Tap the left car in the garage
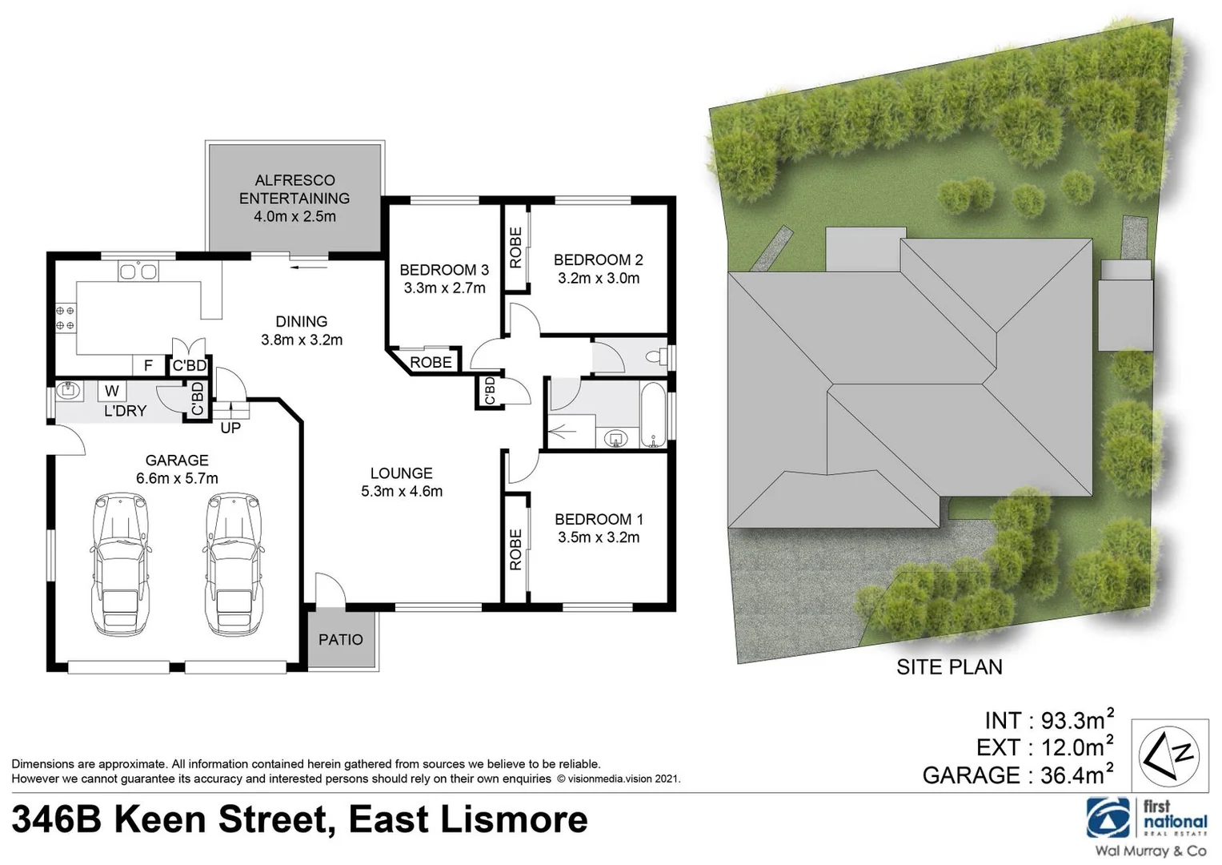(x=120, y=565)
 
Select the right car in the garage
(x=235, y=565)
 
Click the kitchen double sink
(x=138, y=272)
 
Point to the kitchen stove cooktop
(x=65, y=318)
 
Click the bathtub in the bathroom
(x=653, y=415)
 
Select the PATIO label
(x=341, y=639)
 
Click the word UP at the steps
(x=230, y=428)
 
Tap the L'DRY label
(x=125, y=411)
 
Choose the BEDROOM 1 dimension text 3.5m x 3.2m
(x=599, y=537)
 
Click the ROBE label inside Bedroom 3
(x=431, y=363)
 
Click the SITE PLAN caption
(x=949, y=667)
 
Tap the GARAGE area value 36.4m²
(x=1077, y=774)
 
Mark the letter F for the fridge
(x=148, y=366)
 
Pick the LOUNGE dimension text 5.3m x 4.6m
(x=402, y=492)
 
